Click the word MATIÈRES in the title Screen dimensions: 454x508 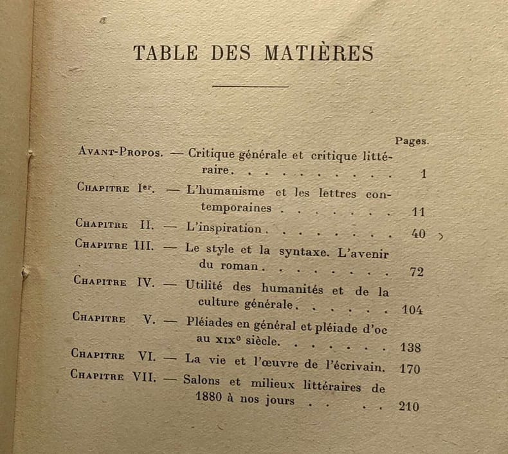(x=318, y=53)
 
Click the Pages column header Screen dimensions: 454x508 (x=412, y=141)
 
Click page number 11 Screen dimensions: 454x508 (x=418, y=211)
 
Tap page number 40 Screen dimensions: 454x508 (x=418, y=234)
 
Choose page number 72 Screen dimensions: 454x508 (x=417, y=272)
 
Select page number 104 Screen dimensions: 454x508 (x=412, y=310)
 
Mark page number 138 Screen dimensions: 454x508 (x=410, y=347)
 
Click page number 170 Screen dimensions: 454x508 (x=410, y=369)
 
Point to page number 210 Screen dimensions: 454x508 (x=408, y=406)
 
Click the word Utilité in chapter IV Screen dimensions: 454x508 (x=204, y=284)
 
